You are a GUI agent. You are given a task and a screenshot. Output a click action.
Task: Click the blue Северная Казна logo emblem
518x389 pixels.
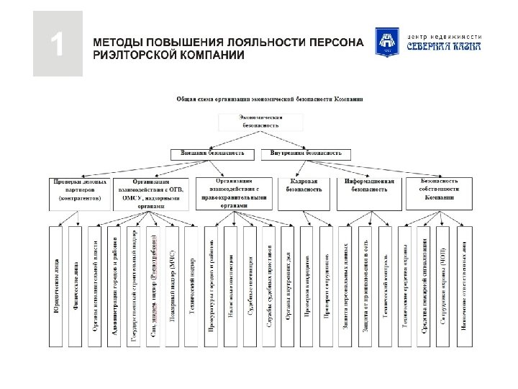click(x=386, y=42)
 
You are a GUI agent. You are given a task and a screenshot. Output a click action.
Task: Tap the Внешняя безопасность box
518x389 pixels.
click(x=212, y=153)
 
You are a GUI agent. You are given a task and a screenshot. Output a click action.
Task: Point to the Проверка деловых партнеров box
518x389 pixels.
click(x=78, y=189)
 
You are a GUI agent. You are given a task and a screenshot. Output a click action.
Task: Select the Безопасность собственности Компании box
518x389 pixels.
click(x=439, y=189)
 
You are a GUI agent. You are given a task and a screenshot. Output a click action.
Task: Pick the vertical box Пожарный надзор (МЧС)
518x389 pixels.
click(x=171, y=287)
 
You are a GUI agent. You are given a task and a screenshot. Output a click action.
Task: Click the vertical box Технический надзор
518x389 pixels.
click(x=191, y=287)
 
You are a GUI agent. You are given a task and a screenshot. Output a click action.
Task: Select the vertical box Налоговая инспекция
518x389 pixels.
click(x=230, y=287)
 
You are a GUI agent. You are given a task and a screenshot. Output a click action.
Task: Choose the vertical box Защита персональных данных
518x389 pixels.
click(x=346, y=287)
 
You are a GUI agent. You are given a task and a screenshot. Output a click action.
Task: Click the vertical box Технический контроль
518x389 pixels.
click(x=385, y=287)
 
